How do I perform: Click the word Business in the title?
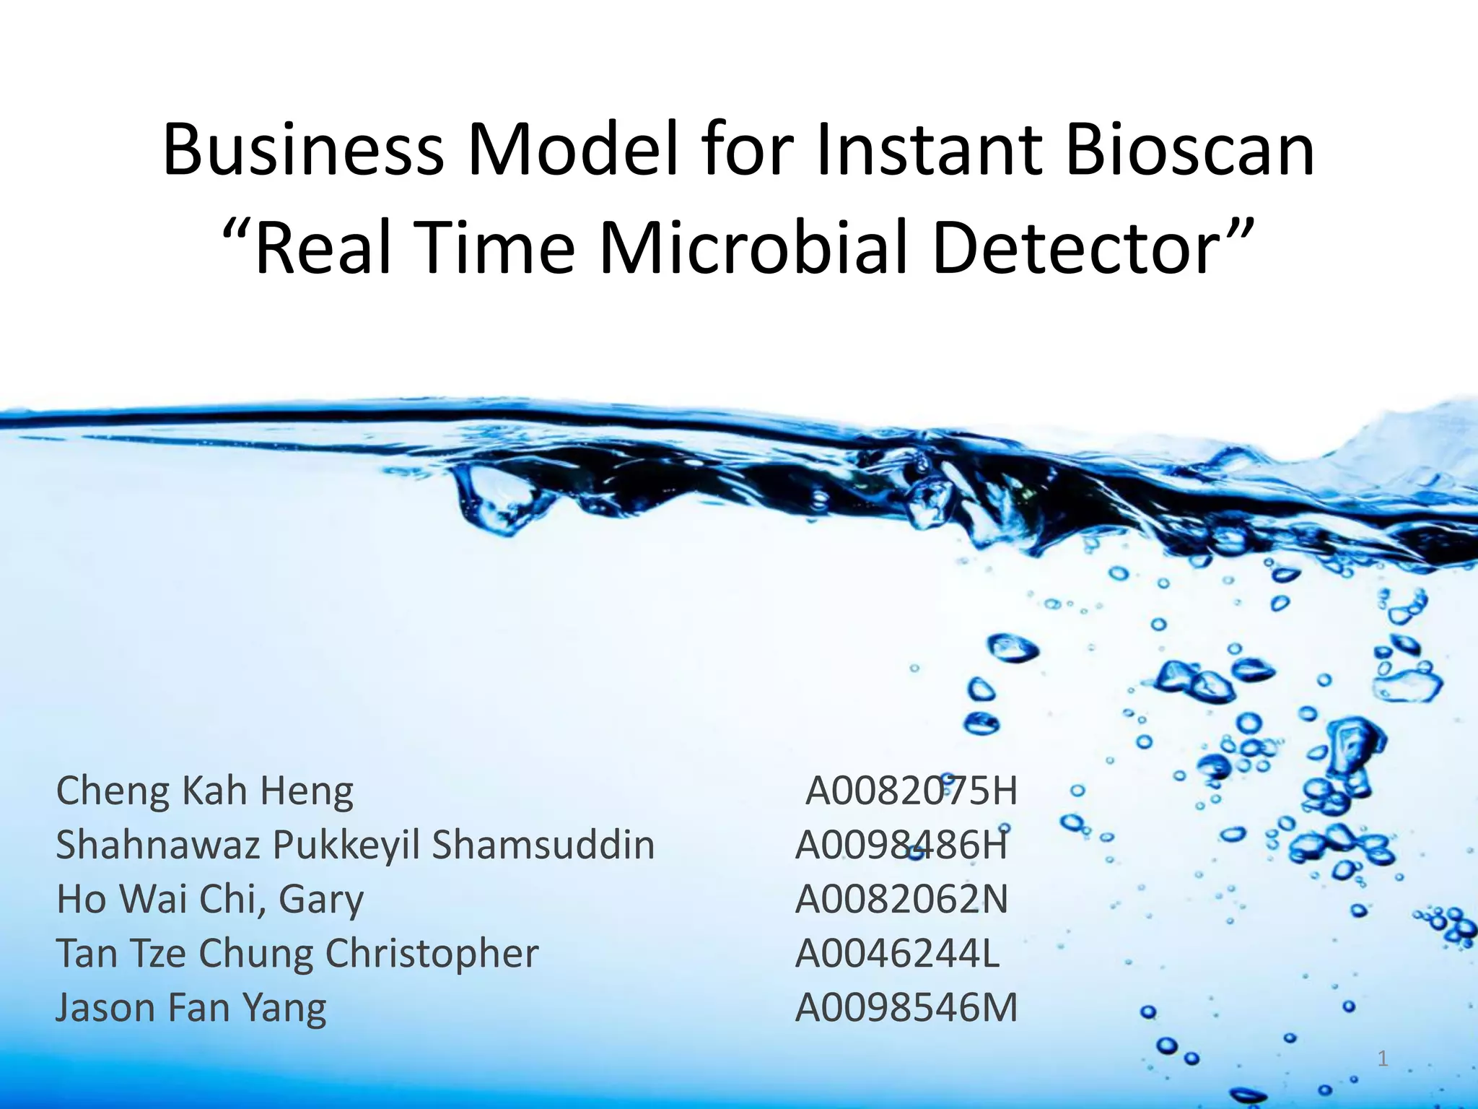(303, 151)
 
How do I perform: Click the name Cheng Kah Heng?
(205, 791)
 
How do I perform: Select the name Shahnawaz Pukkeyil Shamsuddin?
(355, 845)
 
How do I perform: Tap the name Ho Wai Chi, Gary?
(210, 900)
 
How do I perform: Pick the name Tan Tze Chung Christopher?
(297, 953)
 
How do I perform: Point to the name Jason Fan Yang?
(191, 1008)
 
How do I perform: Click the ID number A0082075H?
(911, 791)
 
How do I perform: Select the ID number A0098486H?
(901, 845)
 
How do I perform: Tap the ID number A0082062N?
(901, 900)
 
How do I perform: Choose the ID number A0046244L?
(897, 953)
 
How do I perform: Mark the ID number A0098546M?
(906, 1008)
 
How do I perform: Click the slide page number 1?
(1382, 1059)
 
